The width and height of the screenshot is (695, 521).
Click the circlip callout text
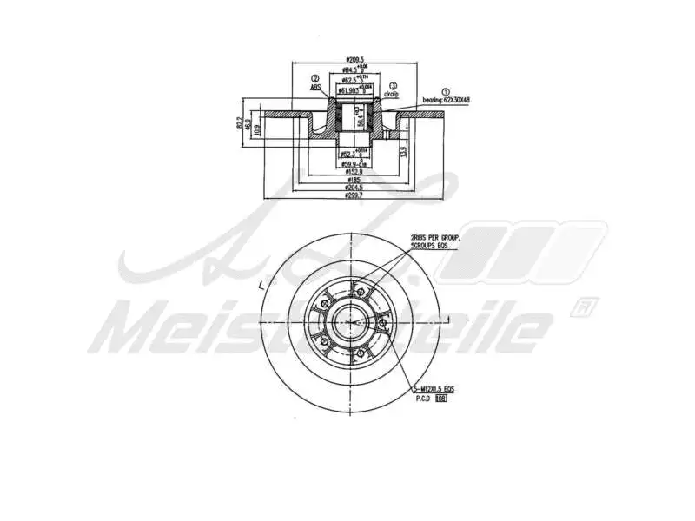pyautogui.click(x=392, y=93)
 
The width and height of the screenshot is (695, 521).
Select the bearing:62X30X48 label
pyautogui.click(x=447, y=100)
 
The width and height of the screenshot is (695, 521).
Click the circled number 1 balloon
pyautogui.click(x=446, y=90)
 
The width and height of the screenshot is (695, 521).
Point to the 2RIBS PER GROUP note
pyautogui.click(x=435, y=237)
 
